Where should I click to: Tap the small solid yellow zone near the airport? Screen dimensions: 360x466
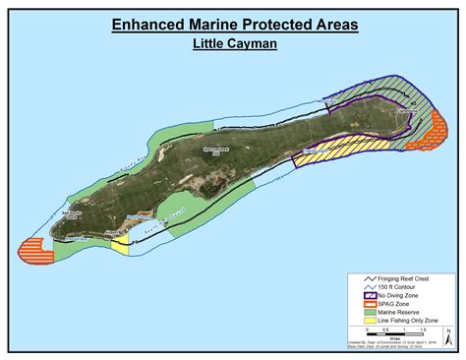coord(120,246)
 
